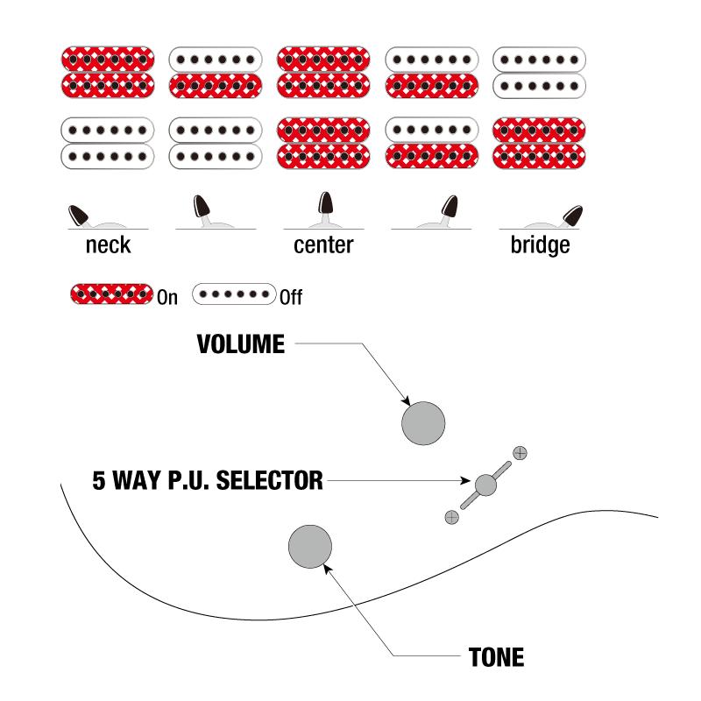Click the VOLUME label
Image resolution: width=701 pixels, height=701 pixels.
point(240,344)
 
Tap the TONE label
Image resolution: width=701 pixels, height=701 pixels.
point(496,657)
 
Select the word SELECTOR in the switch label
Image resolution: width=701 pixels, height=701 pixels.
point(270,480)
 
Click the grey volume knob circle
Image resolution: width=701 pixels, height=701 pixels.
point(423,423)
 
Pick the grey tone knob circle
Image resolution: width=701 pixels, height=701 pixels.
point(310,546)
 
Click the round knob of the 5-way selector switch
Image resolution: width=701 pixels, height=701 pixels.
point(485,485)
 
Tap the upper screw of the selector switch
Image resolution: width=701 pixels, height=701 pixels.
point(520,453)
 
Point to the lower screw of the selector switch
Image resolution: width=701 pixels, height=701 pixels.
point(452,517)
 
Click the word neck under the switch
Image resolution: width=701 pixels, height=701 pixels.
point(108,245)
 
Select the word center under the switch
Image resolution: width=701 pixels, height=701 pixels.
point(323,245)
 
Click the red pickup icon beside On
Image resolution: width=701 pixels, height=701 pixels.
point(112,294)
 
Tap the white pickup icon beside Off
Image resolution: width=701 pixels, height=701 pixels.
point(234,294)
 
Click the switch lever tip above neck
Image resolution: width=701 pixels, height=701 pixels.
point(78,215)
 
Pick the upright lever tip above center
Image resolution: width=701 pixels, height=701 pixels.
point(325,202)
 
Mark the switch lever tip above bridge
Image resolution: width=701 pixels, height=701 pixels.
point(573,216)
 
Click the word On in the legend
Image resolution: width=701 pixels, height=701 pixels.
point(167,297)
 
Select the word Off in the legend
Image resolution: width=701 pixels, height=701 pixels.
point(291,297)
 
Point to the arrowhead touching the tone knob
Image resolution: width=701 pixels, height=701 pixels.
point(327,568)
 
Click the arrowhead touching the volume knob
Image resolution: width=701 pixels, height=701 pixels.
point(406,400)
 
